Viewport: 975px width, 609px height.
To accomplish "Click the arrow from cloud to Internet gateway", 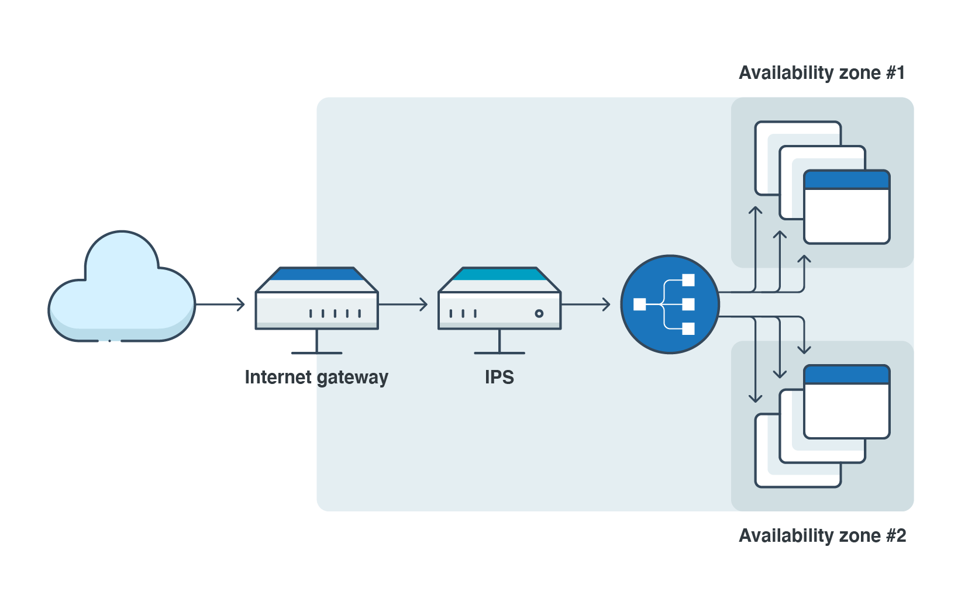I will tap(221, 304).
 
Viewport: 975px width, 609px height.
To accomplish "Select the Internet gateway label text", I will tap(316, 378).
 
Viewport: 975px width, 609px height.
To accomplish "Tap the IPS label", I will tap(499, 378).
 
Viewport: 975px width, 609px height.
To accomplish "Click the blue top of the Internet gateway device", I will tap(316, 274).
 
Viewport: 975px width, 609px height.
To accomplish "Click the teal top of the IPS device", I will tap(499, 274).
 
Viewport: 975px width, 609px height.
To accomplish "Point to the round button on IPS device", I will tap(539, 314).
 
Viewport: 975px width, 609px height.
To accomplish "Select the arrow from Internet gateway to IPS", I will tap(404, 304).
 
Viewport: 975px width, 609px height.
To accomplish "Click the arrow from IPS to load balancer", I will tap(586, 304).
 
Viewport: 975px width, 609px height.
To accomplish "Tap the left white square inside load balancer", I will tap(640, 304).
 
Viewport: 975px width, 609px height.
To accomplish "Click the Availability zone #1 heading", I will tap(821, 73).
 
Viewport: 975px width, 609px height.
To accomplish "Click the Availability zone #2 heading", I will tap(822, 535).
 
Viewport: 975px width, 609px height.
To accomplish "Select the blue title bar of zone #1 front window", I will tap(846, 180).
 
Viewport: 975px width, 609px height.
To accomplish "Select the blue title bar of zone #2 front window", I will tap(846, 375).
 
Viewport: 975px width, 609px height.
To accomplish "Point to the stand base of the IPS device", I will tap(499, 352).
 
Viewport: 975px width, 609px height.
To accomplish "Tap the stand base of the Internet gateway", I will tap(316, 352).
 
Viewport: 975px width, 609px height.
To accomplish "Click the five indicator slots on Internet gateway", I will tap(335, 314).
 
